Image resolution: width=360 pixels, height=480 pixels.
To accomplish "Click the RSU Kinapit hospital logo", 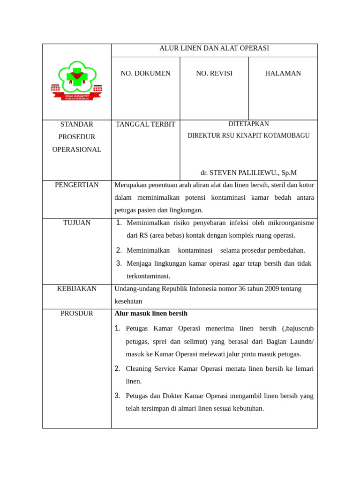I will pos(76,81).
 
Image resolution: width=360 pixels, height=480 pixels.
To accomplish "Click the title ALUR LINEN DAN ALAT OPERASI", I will pos(214,48).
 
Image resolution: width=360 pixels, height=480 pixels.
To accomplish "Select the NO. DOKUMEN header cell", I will pos(145,74).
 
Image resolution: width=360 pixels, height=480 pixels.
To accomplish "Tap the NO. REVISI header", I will pos(214,74).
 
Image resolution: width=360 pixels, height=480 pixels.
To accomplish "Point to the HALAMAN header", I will pos(283,74).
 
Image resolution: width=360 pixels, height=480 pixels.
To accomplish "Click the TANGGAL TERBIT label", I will pos(145,125).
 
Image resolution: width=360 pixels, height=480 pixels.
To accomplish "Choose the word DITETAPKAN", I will pos(248,124).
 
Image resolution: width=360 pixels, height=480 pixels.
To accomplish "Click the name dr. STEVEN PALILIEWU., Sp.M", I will pos(248,173).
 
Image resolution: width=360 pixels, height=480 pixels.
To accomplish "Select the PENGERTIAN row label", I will pos(77,185).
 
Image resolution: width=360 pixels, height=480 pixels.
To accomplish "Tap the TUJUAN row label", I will pos(77,223).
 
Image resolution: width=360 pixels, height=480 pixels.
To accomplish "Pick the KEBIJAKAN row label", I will pos(77,289).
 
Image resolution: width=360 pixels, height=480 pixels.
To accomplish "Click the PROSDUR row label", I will pos(77,314).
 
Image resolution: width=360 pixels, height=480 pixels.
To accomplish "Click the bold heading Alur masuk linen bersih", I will pos(151,314).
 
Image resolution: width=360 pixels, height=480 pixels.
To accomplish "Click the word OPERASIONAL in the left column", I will pos(77,150).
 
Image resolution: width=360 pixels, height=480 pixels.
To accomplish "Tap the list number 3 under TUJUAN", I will pos(119,263).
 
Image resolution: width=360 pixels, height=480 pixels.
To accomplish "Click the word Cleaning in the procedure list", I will pos(139,369).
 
